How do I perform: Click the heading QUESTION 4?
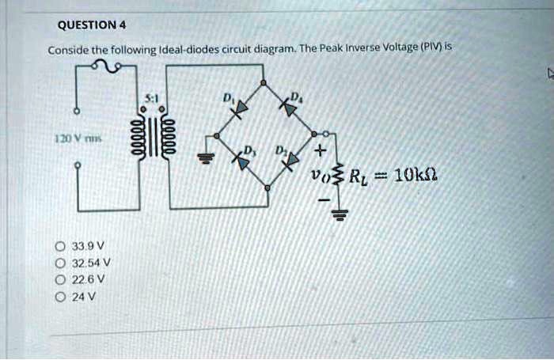[x=87, y=23]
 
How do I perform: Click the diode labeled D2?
[x=292, y=160]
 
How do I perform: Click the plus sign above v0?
[x=320, y=150]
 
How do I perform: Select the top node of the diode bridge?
[x=264, y=83]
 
